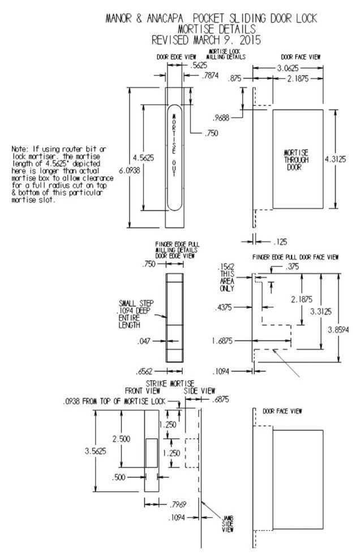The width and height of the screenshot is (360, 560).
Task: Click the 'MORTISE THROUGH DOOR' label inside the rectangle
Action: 295,160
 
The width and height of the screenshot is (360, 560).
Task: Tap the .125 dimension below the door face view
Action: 279,242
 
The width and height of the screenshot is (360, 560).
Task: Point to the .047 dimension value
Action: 144,341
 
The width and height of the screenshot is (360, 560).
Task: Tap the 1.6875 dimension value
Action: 221,341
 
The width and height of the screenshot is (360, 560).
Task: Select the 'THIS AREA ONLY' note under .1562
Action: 227,281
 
